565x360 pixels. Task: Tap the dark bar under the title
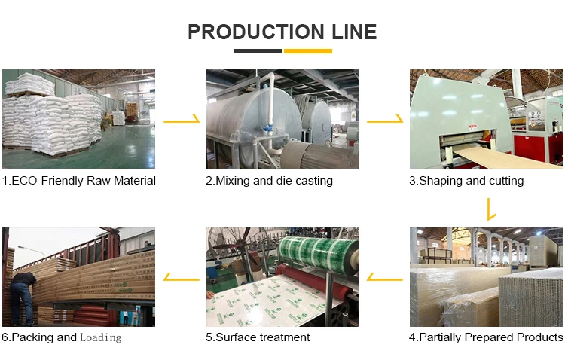[257, 51]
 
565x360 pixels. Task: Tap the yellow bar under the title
[307, 51]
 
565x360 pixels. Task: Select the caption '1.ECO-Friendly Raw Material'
[79, 181]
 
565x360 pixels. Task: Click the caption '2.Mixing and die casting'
[270, 181]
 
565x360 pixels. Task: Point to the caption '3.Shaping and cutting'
[466, 181]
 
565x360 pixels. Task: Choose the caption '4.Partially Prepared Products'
[486, 337]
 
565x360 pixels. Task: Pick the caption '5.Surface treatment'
[258, 337]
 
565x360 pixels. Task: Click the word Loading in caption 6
[101, 337]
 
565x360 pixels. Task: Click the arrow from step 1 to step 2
[182, 120]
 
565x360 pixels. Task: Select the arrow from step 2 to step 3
[385, 120]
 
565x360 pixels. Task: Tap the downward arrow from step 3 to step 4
[491, 209]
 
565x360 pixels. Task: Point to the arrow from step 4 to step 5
[385, 278]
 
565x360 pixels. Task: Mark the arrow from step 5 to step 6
[182, 278]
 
